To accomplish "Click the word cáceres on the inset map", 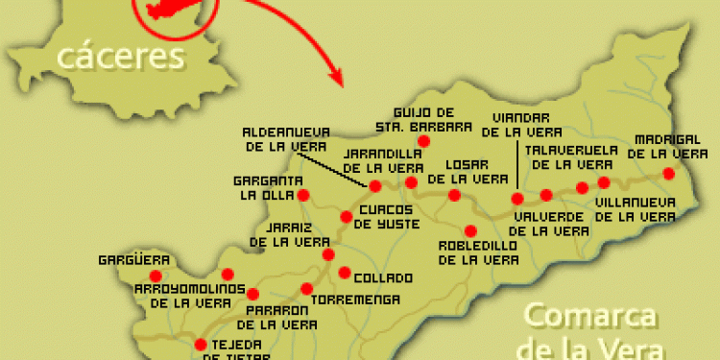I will coord(120,58).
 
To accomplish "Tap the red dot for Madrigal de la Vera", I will coord(669,173).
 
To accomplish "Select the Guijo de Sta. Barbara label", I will coord(435,118).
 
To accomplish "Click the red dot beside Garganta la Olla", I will coord(303,195).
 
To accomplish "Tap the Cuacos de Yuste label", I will coord(383,216).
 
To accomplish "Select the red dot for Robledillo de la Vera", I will coord(470,230).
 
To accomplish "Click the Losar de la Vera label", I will coord(463,170).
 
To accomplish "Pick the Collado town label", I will coord(383,278).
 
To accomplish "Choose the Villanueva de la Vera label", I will coord(635,209).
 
